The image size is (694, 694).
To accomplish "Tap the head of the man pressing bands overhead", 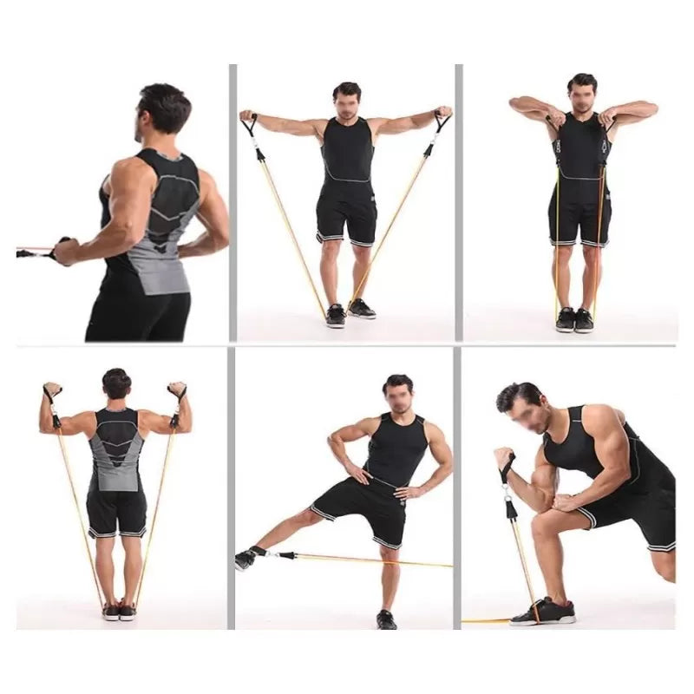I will tap(116, 384).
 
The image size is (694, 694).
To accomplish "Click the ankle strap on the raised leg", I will tap(261, 552).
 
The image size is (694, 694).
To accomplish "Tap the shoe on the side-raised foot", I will tap(245, 560).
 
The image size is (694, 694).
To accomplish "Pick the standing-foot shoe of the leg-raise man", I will tap(386, 619).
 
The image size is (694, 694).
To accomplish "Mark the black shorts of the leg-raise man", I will tap(364, 507).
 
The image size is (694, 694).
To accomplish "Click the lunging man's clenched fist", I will tap(504, 458).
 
